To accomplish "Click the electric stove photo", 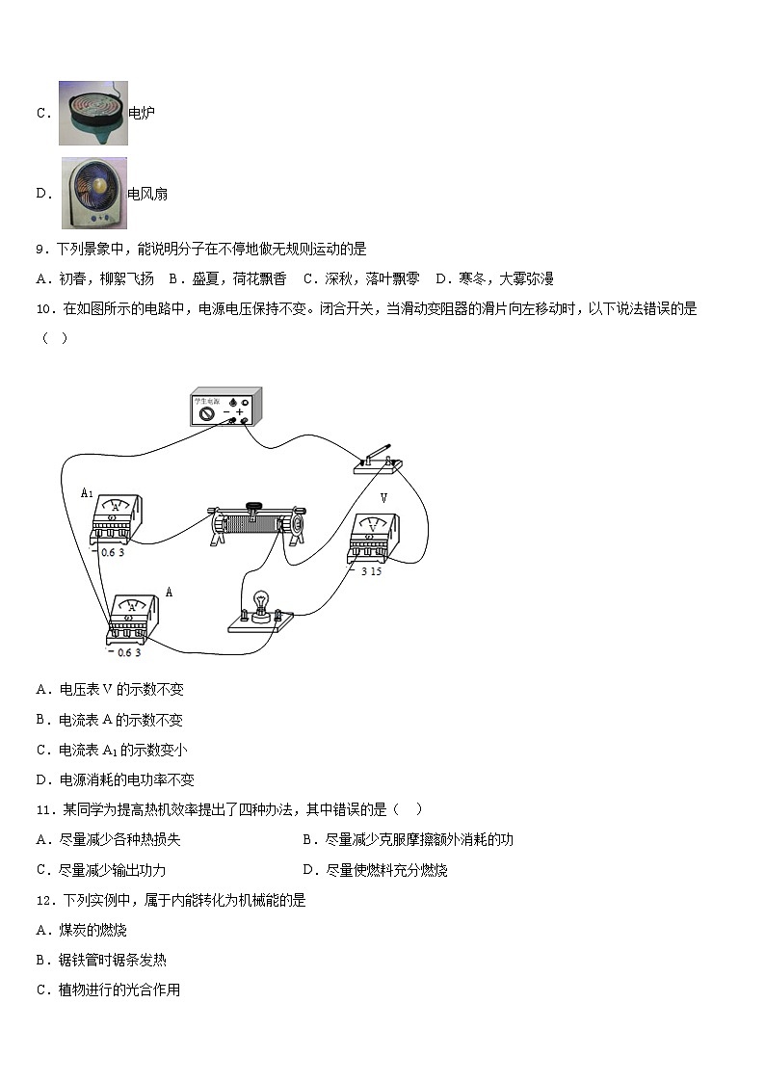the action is (x=93, y=113).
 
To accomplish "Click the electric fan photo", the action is (x=93, y=194).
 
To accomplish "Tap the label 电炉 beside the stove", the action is (x=142, y=113).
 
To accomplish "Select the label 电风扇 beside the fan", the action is (x=147, y=194).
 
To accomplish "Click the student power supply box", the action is (x=225, y=407).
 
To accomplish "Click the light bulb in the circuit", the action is (x=261, y=610).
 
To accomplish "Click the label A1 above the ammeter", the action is (x=87, y=492).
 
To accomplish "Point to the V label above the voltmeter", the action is (x=383, y=497).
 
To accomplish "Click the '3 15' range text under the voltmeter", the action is (x=371, y=571).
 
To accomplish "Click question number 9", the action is (x=42, y=250).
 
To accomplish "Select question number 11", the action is (x=45, y=809).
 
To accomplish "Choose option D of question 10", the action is (x=116, y=779).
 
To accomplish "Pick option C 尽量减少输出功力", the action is (x=101, y=870).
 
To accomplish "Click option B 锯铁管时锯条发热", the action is (x=101, y=960).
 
